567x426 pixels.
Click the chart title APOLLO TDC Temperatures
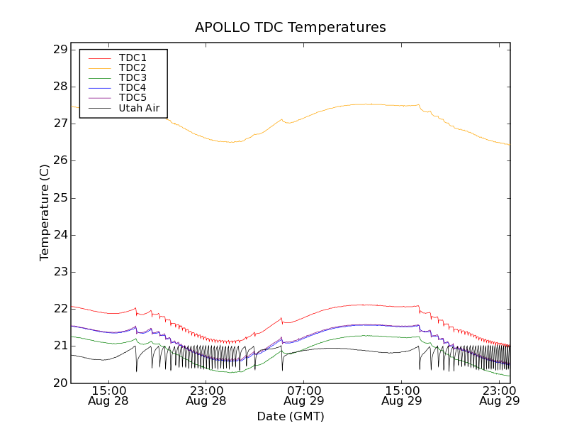click(291, 27)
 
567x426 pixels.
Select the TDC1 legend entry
click(133, 58)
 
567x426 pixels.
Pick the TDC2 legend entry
click(133, 67)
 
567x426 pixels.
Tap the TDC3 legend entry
click(133, 77)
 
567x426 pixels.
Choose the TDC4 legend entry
click(133, 87)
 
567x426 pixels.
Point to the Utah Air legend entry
click(139, 108)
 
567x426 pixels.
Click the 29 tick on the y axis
click(60, 50)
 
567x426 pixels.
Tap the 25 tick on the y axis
click(60, 198)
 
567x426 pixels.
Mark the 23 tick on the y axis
click(60, 272)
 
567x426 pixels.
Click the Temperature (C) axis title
click(45, 213)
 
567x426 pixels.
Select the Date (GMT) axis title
click(291, 416)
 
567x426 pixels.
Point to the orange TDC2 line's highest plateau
click(369, 104)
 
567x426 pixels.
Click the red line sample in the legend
click(98, 58)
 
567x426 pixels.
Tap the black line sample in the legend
click(98, 108)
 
